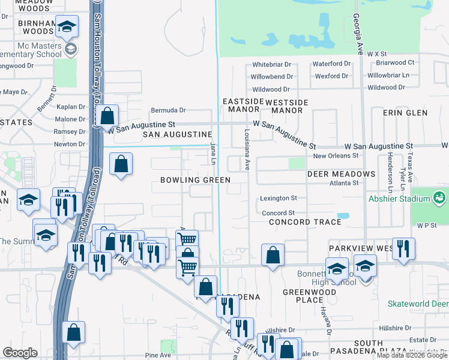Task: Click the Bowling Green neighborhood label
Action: (195, 180)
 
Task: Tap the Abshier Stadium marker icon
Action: (439, 196)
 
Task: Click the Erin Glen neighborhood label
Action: (408, 113)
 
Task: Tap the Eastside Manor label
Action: (243, 106)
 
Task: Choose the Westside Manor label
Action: (287, 106)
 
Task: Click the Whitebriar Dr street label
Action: (271, 64)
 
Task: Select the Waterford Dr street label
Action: (332, 64)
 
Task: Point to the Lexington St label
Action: (279, 198)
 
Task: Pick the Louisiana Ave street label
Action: (247, 150)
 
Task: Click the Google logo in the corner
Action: (20, 353)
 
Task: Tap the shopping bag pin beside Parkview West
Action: (273, 254)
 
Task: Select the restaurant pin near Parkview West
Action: (403, 248)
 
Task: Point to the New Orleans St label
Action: (336, 155)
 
